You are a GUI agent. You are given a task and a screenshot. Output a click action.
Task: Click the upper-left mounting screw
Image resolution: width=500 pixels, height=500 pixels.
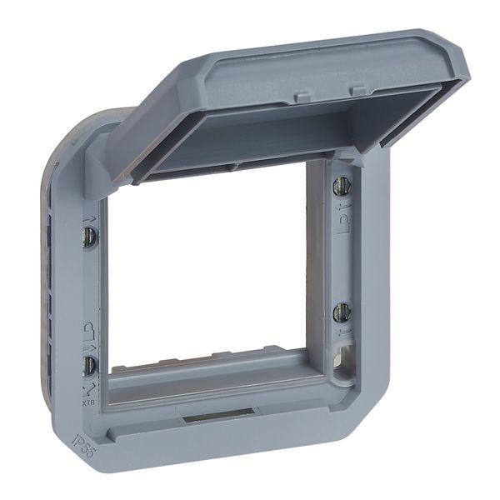click(89, 236)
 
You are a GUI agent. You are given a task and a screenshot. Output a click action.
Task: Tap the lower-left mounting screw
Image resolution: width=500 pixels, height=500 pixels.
click(88, 364)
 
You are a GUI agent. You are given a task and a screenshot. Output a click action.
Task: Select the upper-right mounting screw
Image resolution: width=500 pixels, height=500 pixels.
click(341, 186)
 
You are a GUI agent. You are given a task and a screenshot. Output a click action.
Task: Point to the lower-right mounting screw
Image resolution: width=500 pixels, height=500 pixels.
click(341, 313)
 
